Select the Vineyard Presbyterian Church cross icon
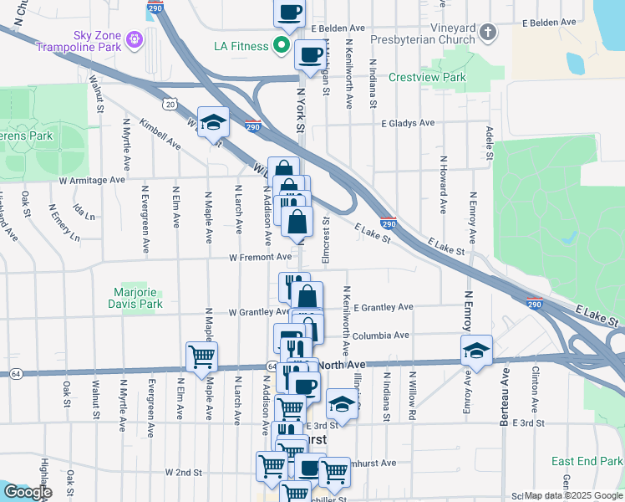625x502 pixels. tap(488, 33)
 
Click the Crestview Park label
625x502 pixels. tap(427, 77)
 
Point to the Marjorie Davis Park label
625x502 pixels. tap(138, 299)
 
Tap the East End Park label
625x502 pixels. tap(587, 461)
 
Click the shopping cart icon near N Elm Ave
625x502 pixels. tap(201, 356)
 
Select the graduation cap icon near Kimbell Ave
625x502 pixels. tap(213, 122)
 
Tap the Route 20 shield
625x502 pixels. tap(170, 104)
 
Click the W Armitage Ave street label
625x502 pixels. tap(91, 179)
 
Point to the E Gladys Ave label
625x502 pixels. tap(408, 123)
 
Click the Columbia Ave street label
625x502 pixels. tap(380, 336)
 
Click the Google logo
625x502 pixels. tap(28, 492)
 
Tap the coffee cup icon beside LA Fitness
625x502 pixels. tap(309, 55)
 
